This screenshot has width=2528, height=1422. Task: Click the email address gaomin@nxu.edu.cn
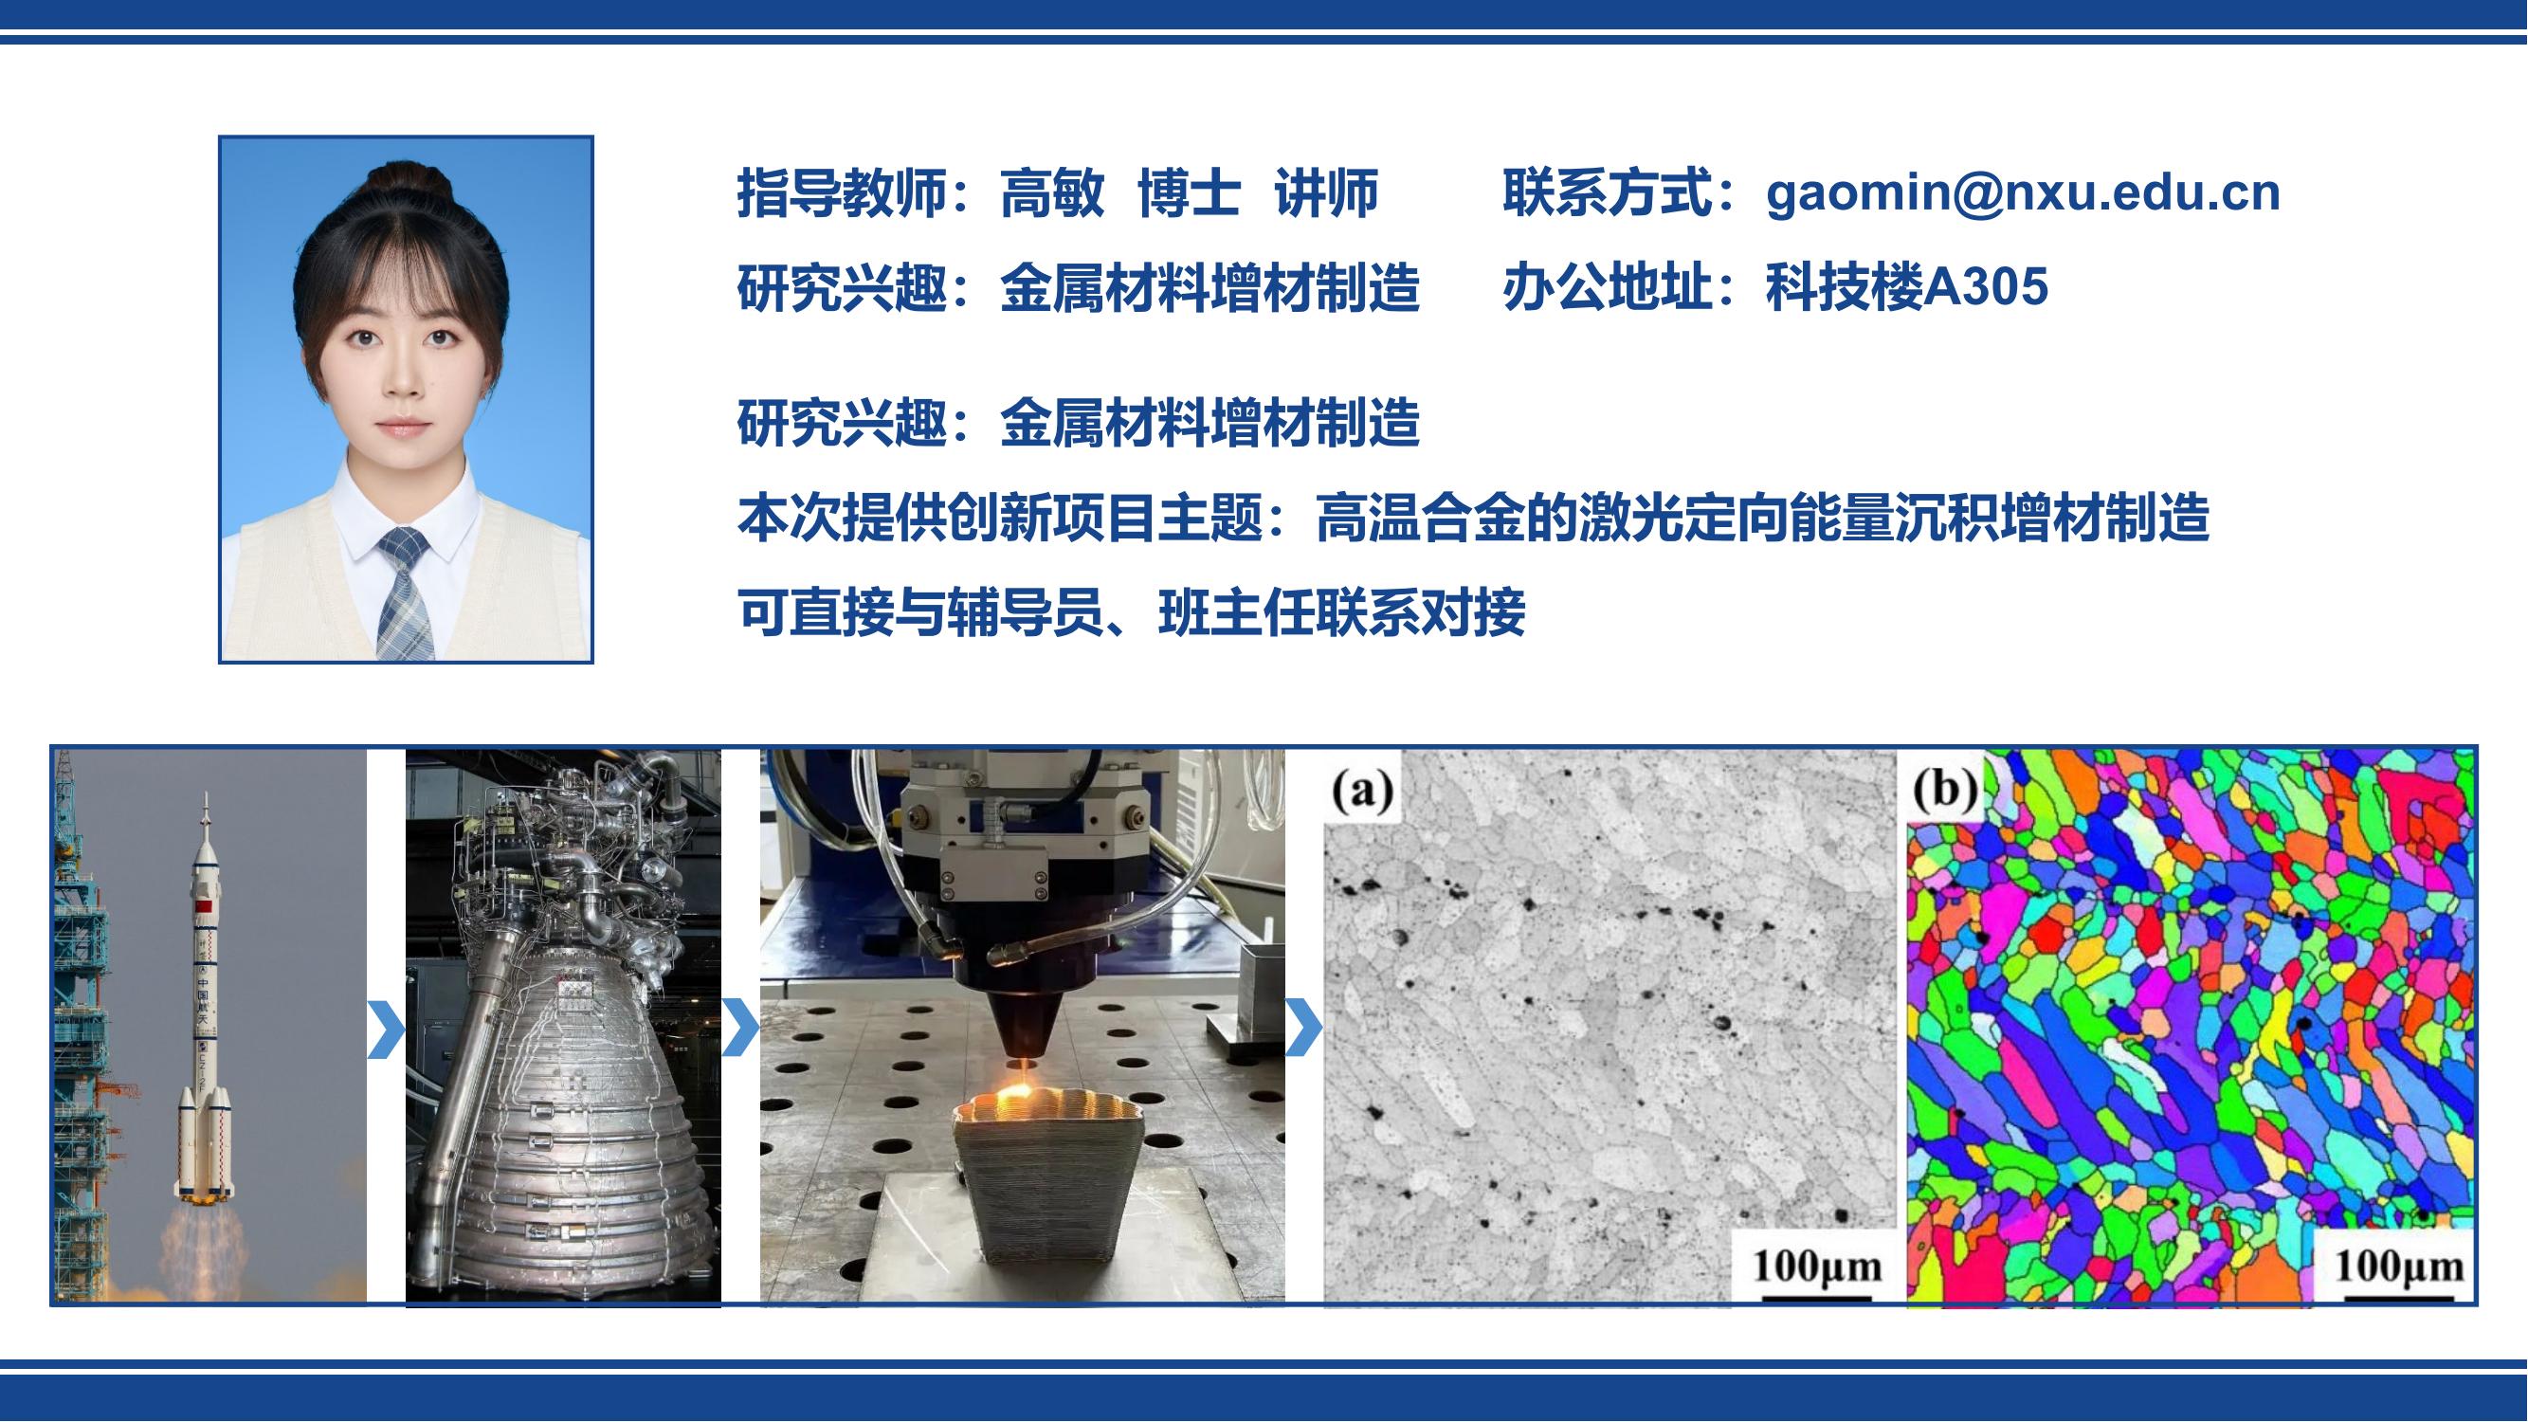(x=2023, y=192)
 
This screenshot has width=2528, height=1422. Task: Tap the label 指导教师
(x=841, y=192)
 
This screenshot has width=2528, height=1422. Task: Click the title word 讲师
(x=1327, y=192)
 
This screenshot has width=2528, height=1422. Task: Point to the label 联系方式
(x=1608, y=192)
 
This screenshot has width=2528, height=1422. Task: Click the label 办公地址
(x=1608, y=287)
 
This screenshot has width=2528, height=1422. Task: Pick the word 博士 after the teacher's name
(x=1190, y=192)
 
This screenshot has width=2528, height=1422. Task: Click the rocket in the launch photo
(x=205, y=1001)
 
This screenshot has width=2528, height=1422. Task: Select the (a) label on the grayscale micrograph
(x=1361, y=791)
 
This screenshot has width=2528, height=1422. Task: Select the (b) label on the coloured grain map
(x=1944, y=789)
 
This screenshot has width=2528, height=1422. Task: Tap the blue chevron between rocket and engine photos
(x=386, y=1029)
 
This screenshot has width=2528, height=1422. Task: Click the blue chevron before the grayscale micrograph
(x=1304, y=1029)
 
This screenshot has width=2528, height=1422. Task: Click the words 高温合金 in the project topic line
(x=1420, y=520)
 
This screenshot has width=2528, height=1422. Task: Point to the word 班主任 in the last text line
(x=1235, y=613)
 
